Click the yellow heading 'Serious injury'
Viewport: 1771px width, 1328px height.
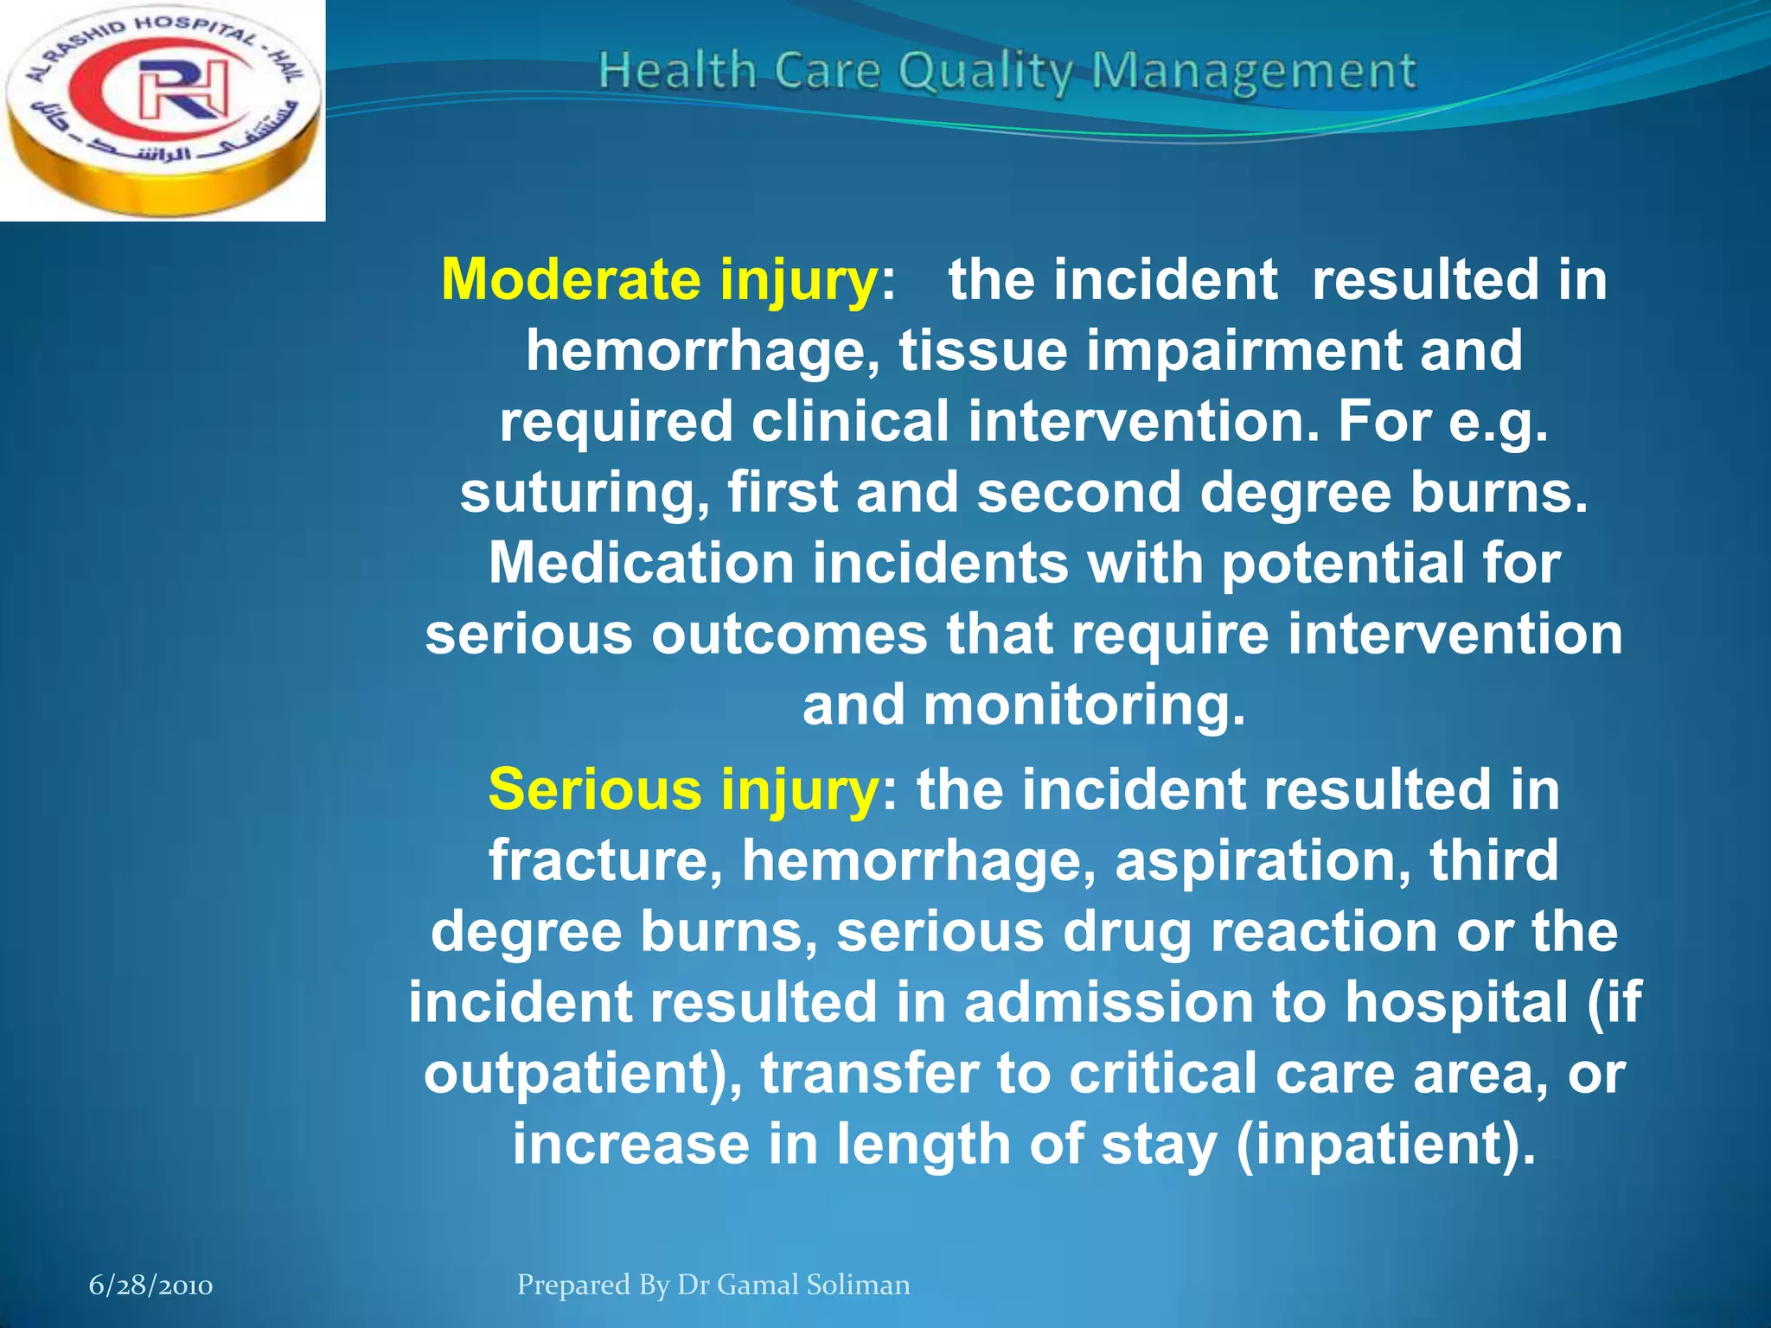point(682,791)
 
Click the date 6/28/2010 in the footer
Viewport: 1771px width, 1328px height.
point(151,1286)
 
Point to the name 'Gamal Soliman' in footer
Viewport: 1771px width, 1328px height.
point(814,1285)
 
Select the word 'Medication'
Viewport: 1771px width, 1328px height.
point(641,563)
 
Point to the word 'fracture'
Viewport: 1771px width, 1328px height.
point(606,861)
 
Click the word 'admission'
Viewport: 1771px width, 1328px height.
point(1109,1002)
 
